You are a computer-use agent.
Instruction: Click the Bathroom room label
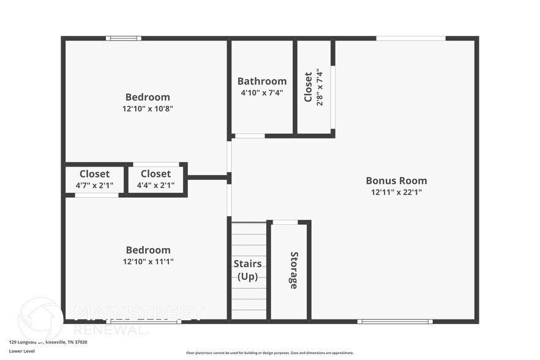pyautogui.click(x=262, y=81)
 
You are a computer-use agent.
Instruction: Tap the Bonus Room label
pyautogui.click(x=396, y=181)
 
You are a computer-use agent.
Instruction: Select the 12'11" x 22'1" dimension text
pyautogui.click(x=396, y=192)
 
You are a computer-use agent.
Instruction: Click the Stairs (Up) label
pyautogui.click(x=248, y=270)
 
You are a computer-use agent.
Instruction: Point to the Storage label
pyautogui.click(x=294, y=270)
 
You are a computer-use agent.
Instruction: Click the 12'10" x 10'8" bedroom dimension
pyautogui.click(x=148, y=108)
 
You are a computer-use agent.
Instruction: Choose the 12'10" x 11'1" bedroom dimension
pyautogui.click(x=148, y=261)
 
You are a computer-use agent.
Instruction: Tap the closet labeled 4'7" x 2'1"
pyautogui.click(x=94, y=179)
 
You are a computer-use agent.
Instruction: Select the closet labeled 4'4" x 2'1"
pyautogui.click(x=156, y=179)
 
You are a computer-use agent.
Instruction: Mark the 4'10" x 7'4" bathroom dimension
pyautogui.click(x=262, y=93)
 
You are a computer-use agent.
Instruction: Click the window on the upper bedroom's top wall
pyautogui.click(x=123, y=39)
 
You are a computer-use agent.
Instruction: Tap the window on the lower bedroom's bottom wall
pyautogui.click(x=143, y=321)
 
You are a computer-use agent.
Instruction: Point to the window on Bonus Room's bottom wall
pyautogui.click(x=395, y=321)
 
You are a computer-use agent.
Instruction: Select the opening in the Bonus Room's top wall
pyautogui.click(x=410, y=39)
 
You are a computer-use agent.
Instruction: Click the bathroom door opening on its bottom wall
pyautogui.click(x=250, y=135)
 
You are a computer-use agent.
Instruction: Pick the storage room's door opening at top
pyautogui.click(x=285, y=222)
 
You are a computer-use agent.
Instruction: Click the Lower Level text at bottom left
pyautogui.click(x=21, y=351)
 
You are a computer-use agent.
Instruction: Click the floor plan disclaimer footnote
pyautogui.click(x=269, y=353)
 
